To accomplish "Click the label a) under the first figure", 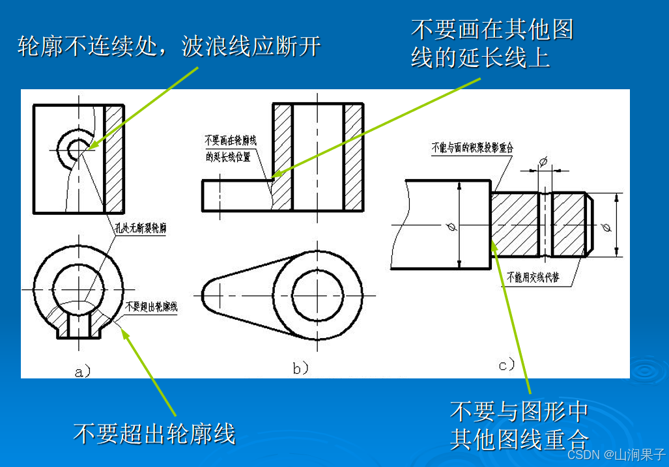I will (83, 372).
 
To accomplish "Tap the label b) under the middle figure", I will (300, 369).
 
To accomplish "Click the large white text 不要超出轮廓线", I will (154, 433).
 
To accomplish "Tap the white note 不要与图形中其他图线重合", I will (519, 425).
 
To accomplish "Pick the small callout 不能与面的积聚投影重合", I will (472, 148).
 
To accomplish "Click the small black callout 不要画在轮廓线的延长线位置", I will (228, 149).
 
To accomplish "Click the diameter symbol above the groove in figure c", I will (545, 160).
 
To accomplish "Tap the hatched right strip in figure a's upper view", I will (115, 158).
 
